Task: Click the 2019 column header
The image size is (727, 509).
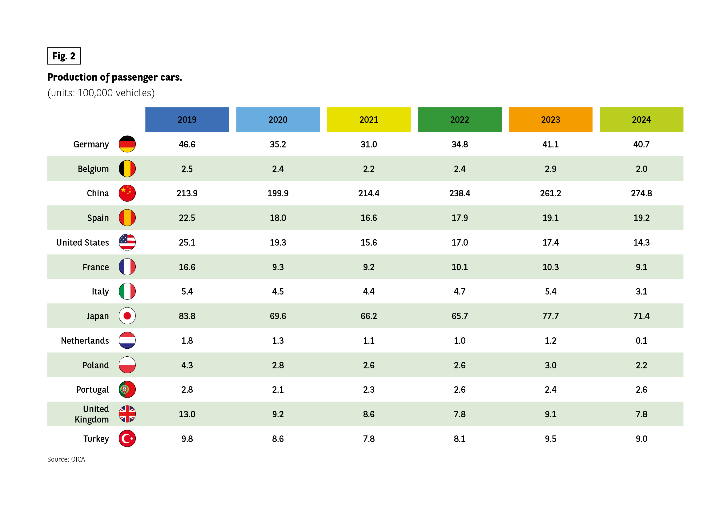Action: pos(187,119)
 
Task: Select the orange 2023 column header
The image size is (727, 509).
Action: pos(550,119)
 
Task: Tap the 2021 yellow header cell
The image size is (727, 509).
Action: pos(368,119)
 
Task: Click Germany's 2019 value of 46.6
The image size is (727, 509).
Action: pos(187,144)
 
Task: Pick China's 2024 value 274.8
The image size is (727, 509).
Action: pos(641,193)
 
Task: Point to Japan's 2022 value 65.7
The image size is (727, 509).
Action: pos(460,316)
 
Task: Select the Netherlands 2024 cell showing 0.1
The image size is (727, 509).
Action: pos(641,341)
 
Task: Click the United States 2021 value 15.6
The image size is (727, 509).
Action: pos(368,242)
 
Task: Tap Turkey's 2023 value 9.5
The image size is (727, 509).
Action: pos(550,439)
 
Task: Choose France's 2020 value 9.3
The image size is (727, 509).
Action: pos(278,267)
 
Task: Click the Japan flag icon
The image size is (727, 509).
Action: pos(127,316)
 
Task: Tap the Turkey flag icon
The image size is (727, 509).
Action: pos(127,439)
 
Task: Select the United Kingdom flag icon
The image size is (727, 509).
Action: pos(127,414)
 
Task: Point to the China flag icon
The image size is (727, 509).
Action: pos(127,193)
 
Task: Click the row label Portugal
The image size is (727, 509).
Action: pos(92,390)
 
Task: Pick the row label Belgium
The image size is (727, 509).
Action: pos(93,169)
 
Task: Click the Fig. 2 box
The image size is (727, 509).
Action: pos(64,56)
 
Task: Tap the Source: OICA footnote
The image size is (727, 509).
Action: pos(66,459)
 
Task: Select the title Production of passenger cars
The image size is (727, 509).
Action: pos(114,77)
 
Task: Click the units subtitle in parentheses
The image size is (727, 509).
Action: pos(101,93)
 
